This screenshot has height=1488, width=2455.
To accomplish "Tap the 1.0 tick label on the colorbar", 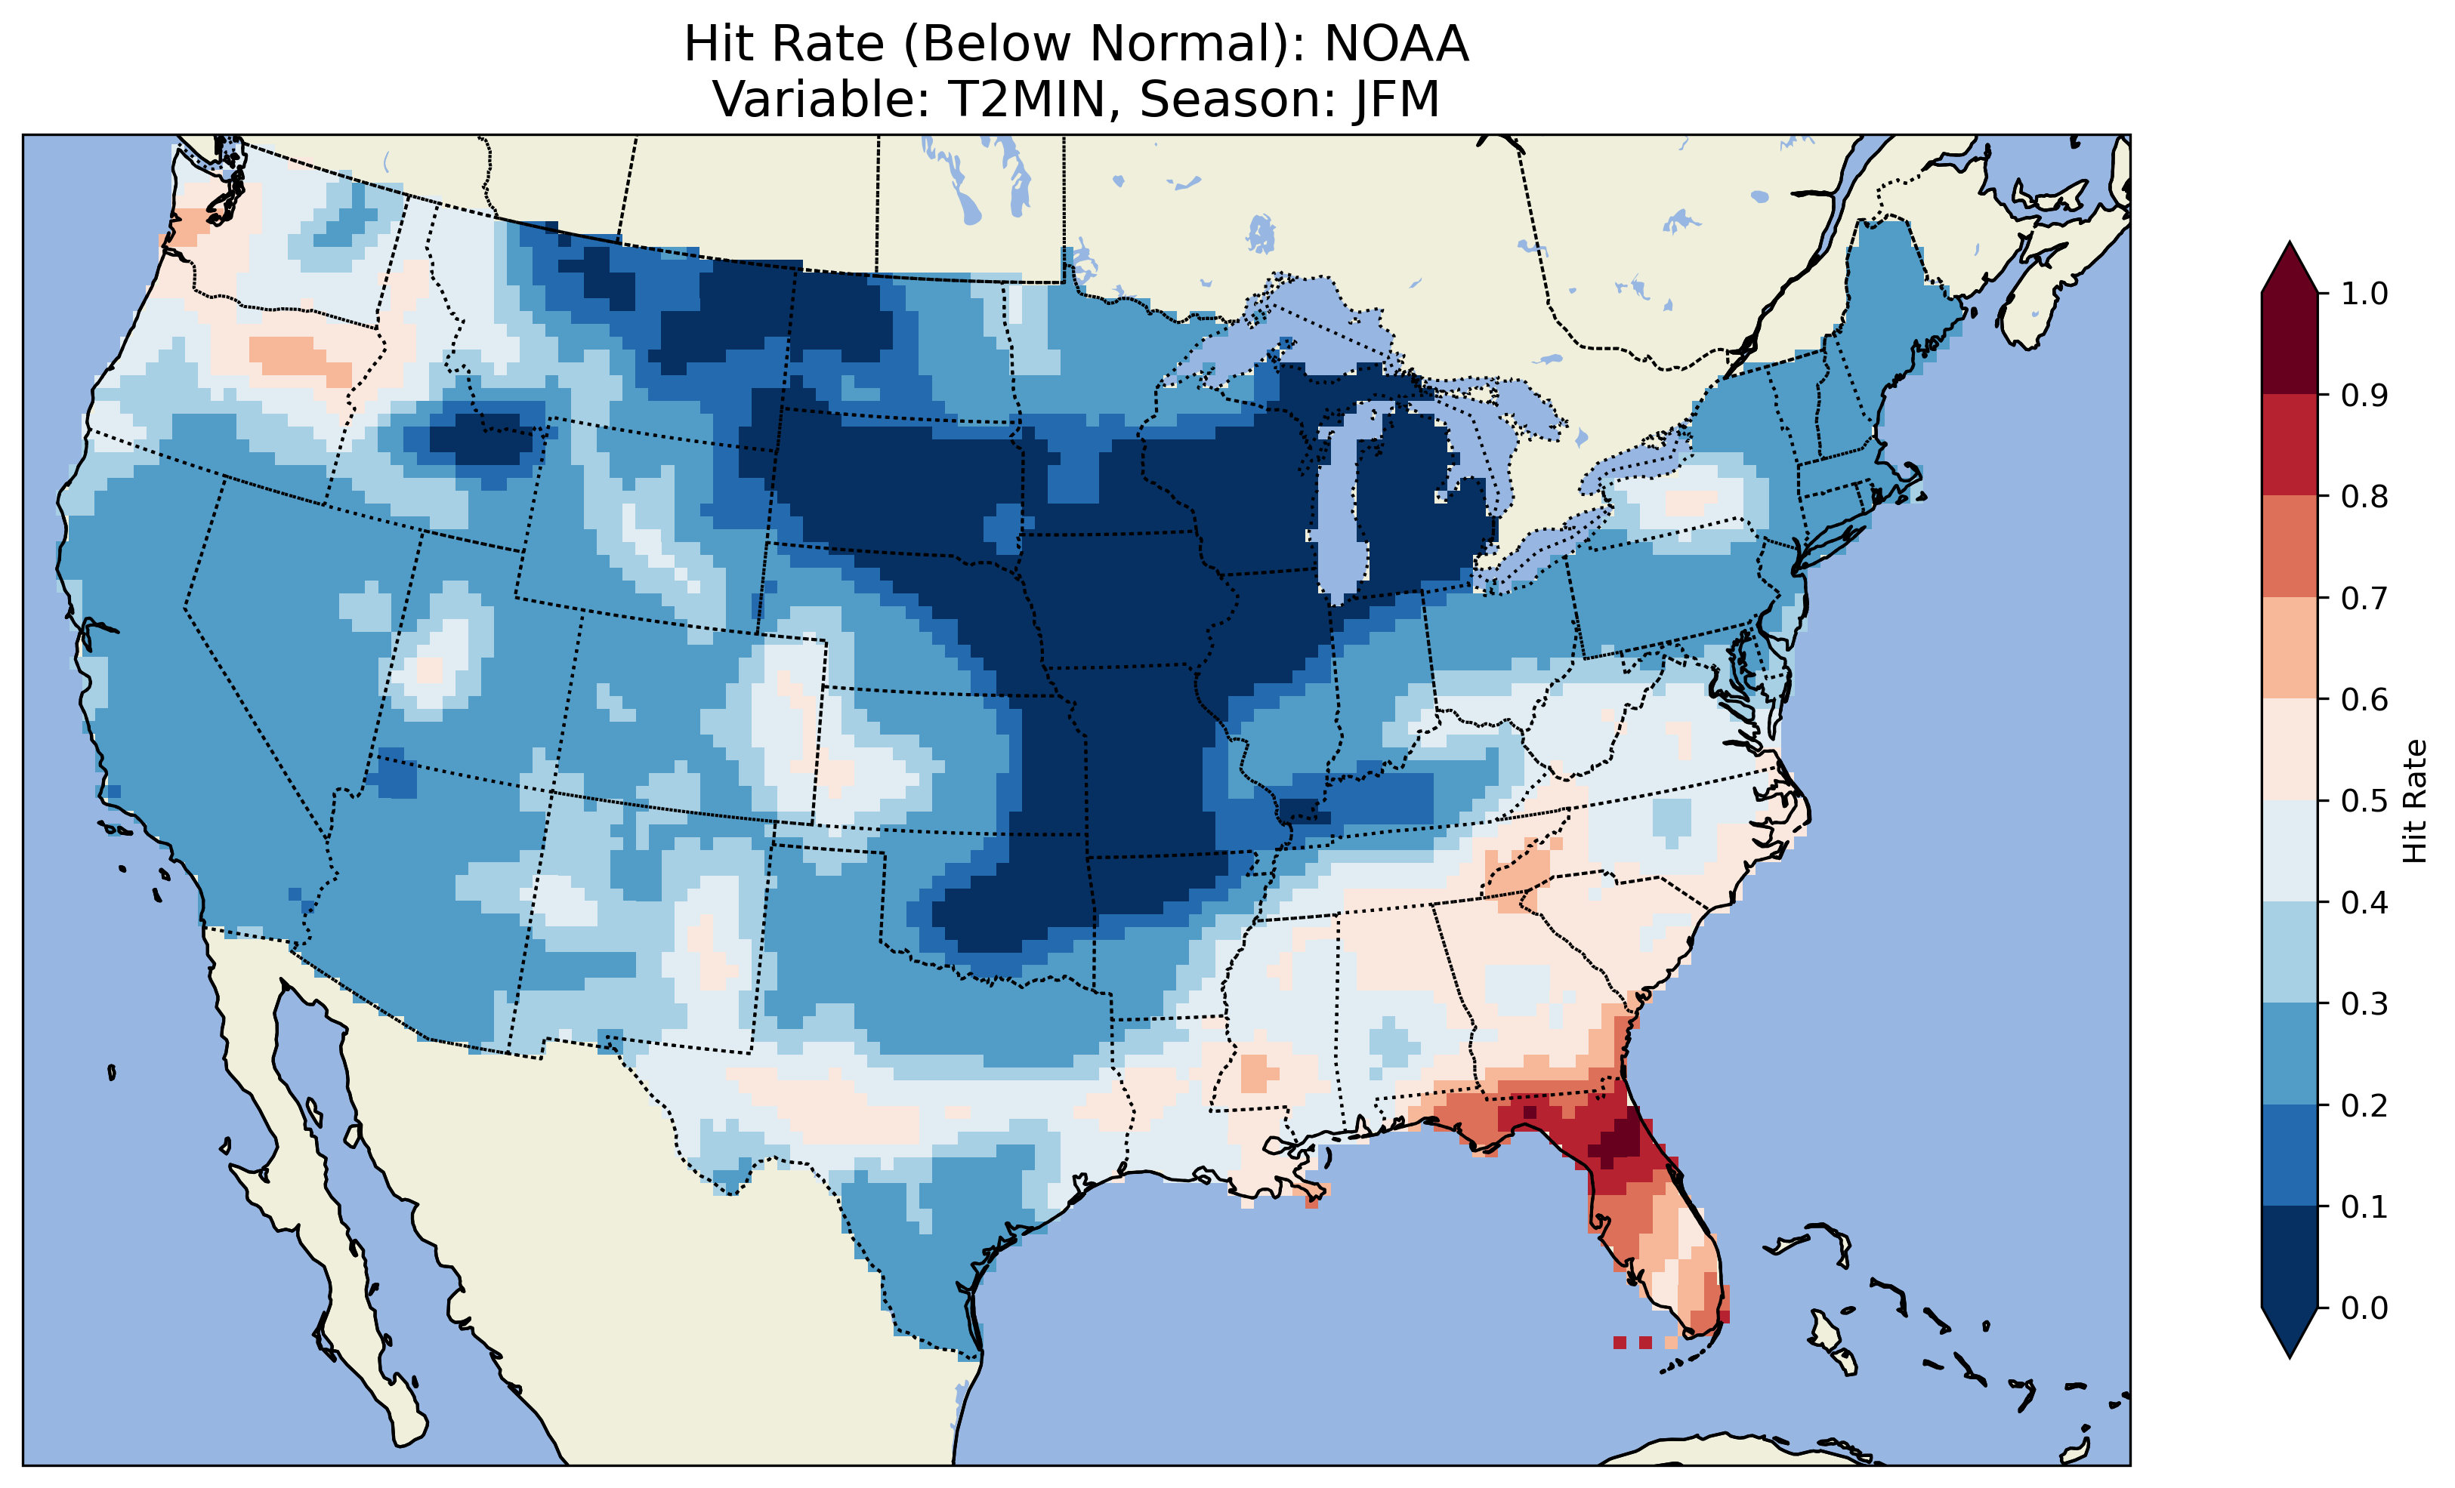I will pos(2364,294).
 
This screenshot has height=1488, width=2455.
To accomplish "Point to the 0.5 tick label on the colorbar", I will pos(2364,801).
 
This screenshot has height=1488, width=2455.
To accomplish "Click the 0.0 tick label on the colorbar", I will pos(2364,1308).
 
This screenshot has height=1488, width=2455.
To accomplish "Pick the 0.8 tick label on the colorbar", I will pos(2364,496).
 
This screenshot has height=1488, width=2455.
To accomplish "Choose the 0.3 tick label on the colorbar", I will pos(2364,1004).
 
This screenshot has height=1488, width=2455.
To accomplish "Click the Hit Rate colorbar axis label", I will pos(2414,801).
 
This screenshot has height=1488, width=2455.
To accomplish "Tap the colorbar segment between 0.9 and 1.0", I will pos(2290,344).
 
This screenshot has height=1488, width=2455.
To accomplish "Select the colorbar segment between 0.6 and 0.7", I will pos(2290,648).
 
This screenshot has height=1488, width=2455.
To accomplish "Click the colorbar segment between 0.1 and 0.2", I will pos(2290,1155).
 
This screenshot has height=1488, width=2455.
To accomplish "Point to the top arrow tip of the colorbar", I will pos(2290,244).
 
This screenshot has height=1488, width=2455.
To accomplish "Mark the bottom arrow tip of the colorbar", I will pos(2290,1357).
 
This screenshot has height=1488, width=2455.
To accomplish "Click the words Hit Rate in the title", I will pos(784,45).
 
